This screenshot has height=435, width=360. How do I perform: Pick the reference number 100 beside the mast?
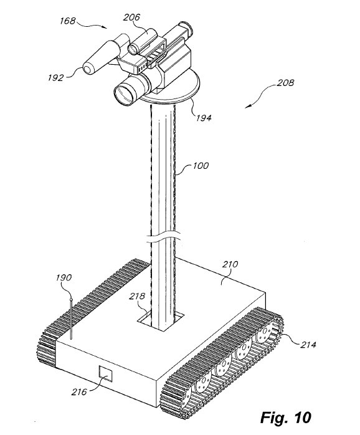pyautogui.click(x=200, y=166)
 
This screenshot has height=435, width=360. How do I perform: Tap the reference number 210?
pyautogui.click(x=230, y=264)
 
